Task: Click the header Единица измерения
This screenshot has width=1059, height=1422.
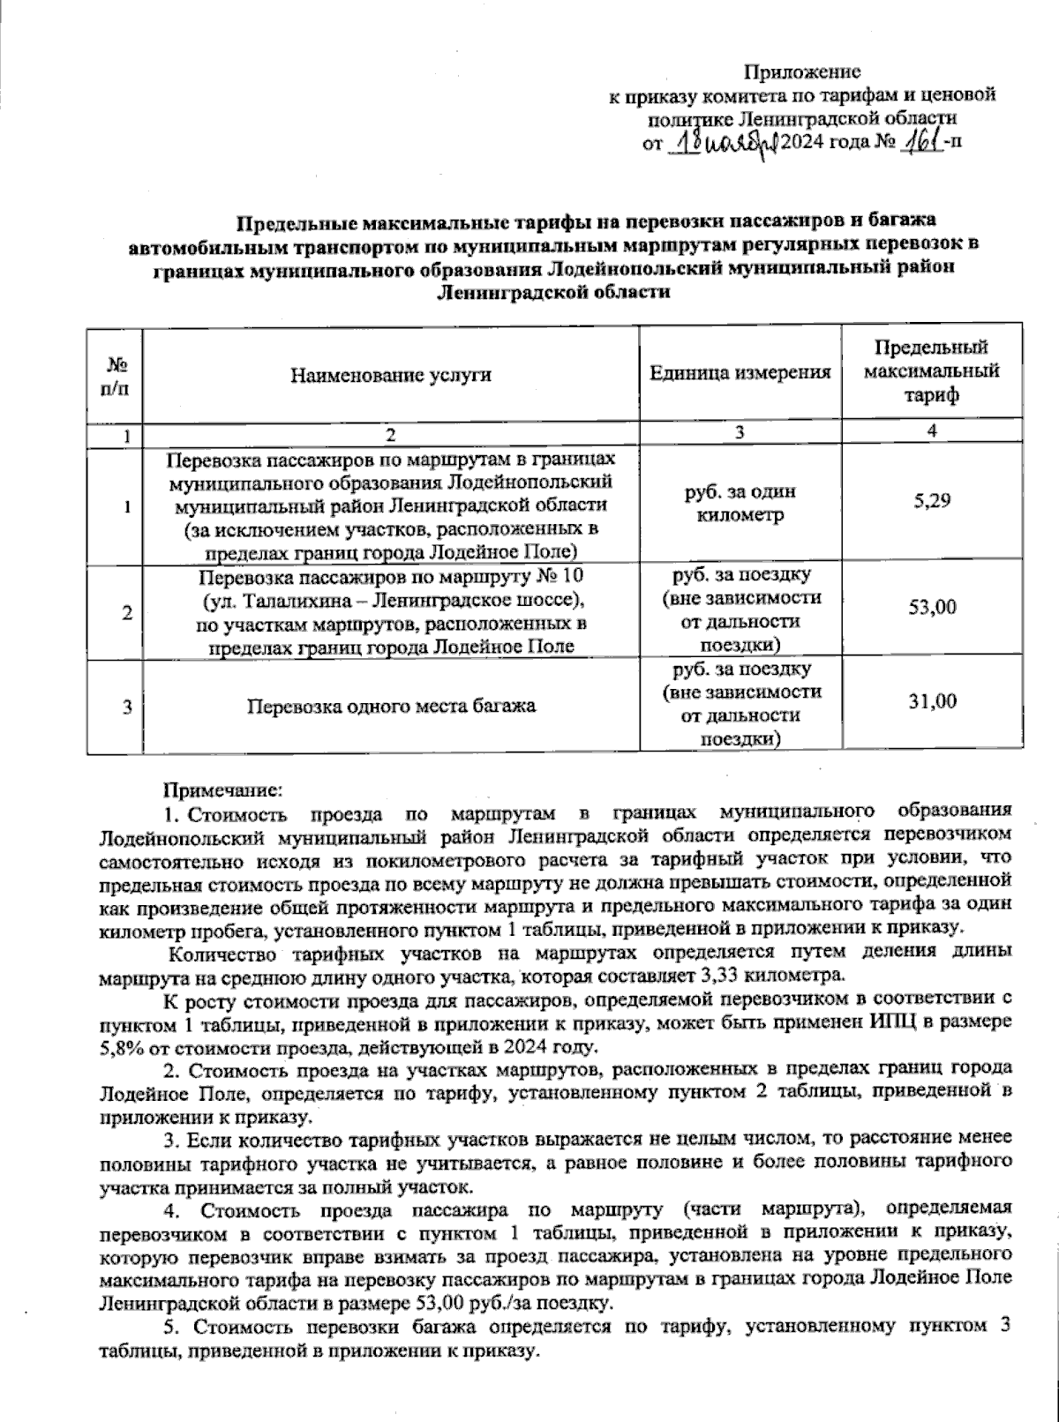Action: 740,373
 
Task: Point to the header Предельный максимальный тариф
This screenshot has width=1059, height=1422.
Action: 931,372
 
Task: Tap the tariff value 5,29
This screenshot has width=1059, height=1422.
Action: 932,501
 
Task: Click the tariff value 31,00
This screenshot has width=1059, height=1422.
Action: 932,701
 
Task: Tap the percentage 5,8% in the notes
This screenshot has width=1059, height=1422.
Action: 120,1047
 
